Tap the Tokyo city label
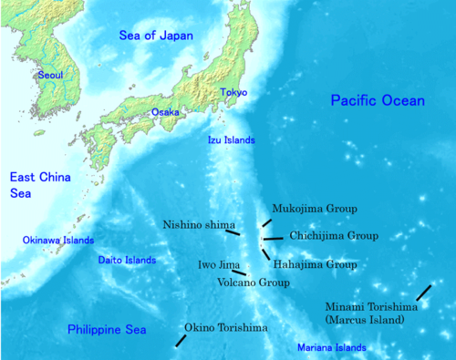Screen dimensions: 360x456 tap(233, 92)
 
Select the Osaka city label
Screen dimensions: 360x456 tap(165, 112)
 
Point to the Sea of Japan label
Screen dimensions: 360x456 tap(155, 36)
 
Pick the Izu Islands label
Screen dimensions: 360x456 tap(229, 140)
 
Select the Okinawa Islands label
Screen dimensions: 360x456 tap(58, 241)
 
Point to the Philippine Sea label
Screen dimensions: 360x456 tap(103, 329)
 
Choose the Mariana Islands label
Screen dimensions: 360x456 tap(331, 348)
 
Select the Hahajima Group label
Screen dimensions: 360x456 tap(315, 264)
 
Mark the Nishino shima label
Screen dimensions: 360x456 tap(199, 224)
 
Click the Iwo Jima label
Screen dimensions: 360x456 tap(214, 264)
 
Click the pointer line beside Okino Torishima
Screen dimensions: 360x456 tap(181, 340)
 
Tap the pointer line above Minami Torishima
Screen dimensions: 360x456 tap(423, 292)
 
